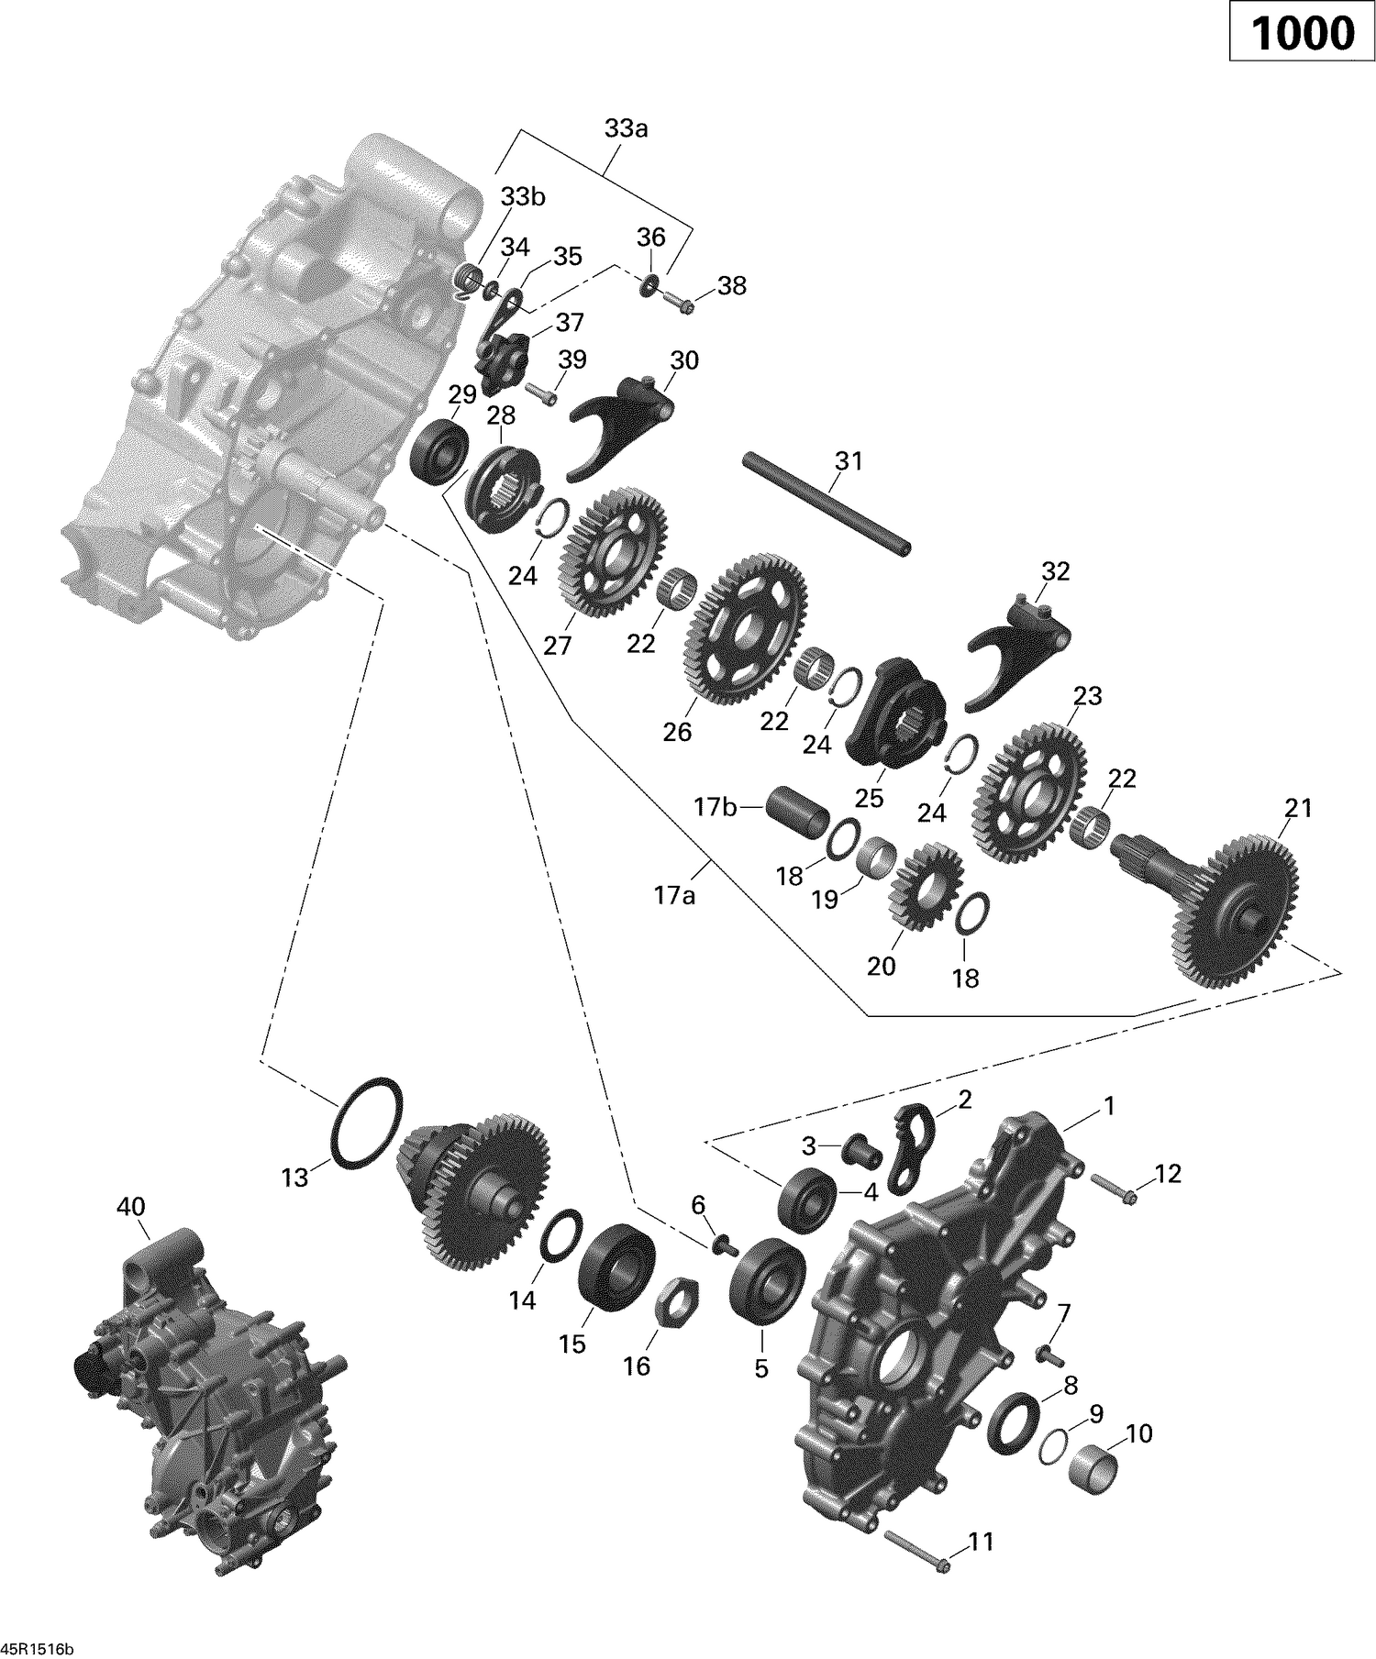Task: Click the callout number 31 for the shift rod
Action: point(848,460)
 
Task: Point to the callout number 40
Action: point(130,1207)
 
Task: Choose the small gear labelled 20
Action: point(926,886)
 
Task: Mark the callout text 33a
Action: point(626,129)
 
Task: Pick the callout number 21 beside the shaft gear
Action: point(1298,809)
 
